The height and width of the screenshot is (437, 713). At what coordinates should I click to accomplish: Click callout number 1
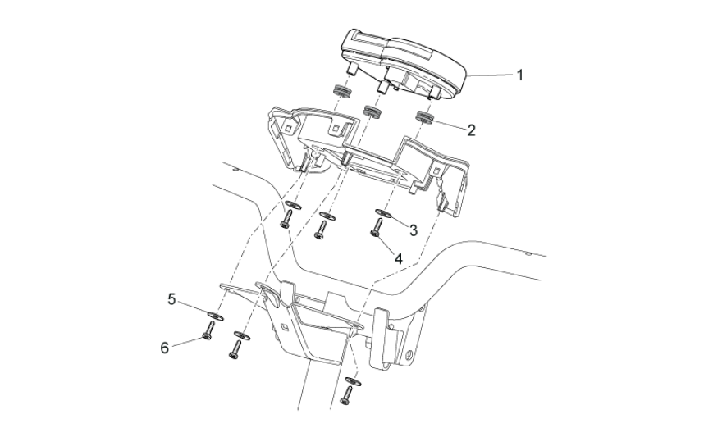(x=519, y=75)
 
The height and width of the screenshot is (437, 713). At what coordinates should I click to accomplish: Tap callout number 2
(x=472, y=129)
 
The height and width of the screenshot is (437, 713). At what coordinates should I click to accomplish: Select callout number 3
(x=414, y=230)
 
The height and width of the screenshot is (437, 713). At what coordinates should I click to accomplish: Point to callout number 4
(x=398, y=257)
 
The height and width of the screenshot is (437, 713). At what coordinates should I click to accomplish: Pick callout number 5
(x=172, y=300)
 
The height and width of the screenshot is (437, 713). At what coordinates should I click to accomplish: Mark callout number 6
(x=164, y=346)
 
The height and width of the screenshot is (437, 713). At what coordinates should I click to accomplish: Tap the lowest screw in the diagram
(x=347, y=397)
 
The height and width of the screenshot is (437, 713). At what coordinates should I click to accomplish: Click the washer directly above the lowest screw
(x=352, y=380)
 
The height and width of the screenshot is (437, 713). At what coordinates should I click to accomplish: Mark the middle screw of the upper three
(x=322, y=230)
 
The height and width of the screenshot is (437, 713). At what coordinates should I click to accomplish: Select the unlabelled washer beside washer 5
(x=241, y=334)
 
